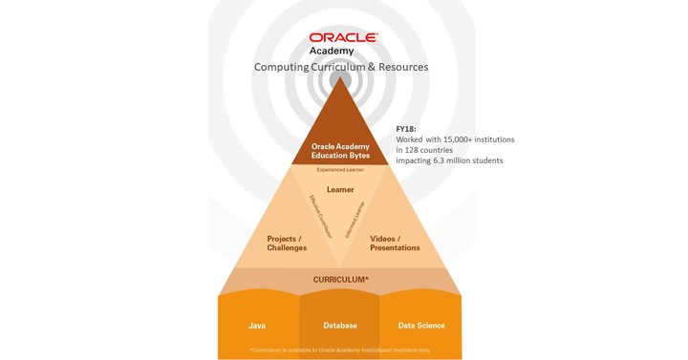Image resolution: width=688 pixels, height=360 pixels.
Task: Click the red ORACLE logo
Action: click(343, 38)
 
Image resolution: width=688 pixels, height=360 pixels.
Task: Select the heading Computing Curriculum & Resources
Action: click(340, 68)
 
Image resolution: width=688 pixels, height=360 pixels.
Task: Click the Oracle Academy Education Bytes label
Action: click(341, 151)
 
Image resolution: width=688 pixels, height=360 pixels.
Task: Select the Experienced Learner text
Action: click(341, 170)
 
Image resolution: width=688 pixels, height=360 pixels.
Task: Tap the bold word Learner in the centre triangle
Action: click(340, 189)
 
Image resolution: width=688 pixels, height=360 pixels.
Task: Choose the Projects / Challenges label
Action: click(287, 243)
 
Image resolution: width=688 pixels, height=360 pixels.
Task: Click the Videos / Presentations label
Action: click(395, 243)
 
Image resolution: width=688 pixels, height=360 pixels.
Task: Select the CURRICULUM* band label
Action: click(340, 280)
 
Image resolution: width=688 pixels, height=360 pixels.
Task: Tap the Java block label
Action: click(257, 326)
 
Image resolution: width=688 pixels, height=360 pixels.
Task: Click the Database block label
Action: click(339, 326)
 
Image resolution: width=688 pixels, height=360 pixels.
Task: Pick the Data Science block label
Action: click(421, 326)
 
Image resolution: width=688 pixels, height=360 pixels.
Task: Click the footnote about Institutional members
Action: click(340, 350)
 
